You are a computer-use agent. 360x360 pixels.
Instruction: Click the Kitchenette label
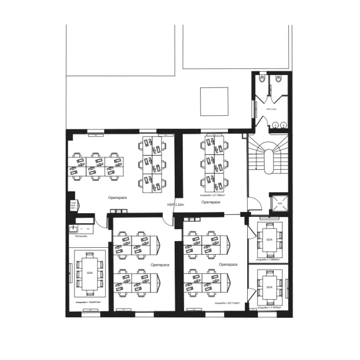[81, 236]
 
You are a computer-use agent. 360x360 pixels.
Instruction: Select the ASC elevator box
[279, 203]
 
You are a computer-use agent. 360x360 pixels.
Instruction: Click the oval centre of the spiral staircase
[268, 162]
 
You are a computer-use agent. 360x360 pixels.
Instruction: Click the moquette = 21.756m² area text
[212, 194]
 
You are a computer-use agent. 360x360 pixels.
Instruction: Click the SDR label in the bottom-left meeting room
[90, 273]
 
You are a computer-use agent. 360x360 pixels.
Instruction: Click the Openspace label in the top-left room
[118, 198]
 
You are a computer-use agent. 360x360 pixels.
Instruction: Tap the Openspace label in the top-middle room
[212, 202]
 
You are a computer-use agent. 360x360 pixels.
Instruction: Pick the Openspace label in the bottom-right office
[227, 264]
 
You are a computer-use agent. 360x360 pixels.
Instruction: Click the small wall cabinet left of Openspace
[73, 206]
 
